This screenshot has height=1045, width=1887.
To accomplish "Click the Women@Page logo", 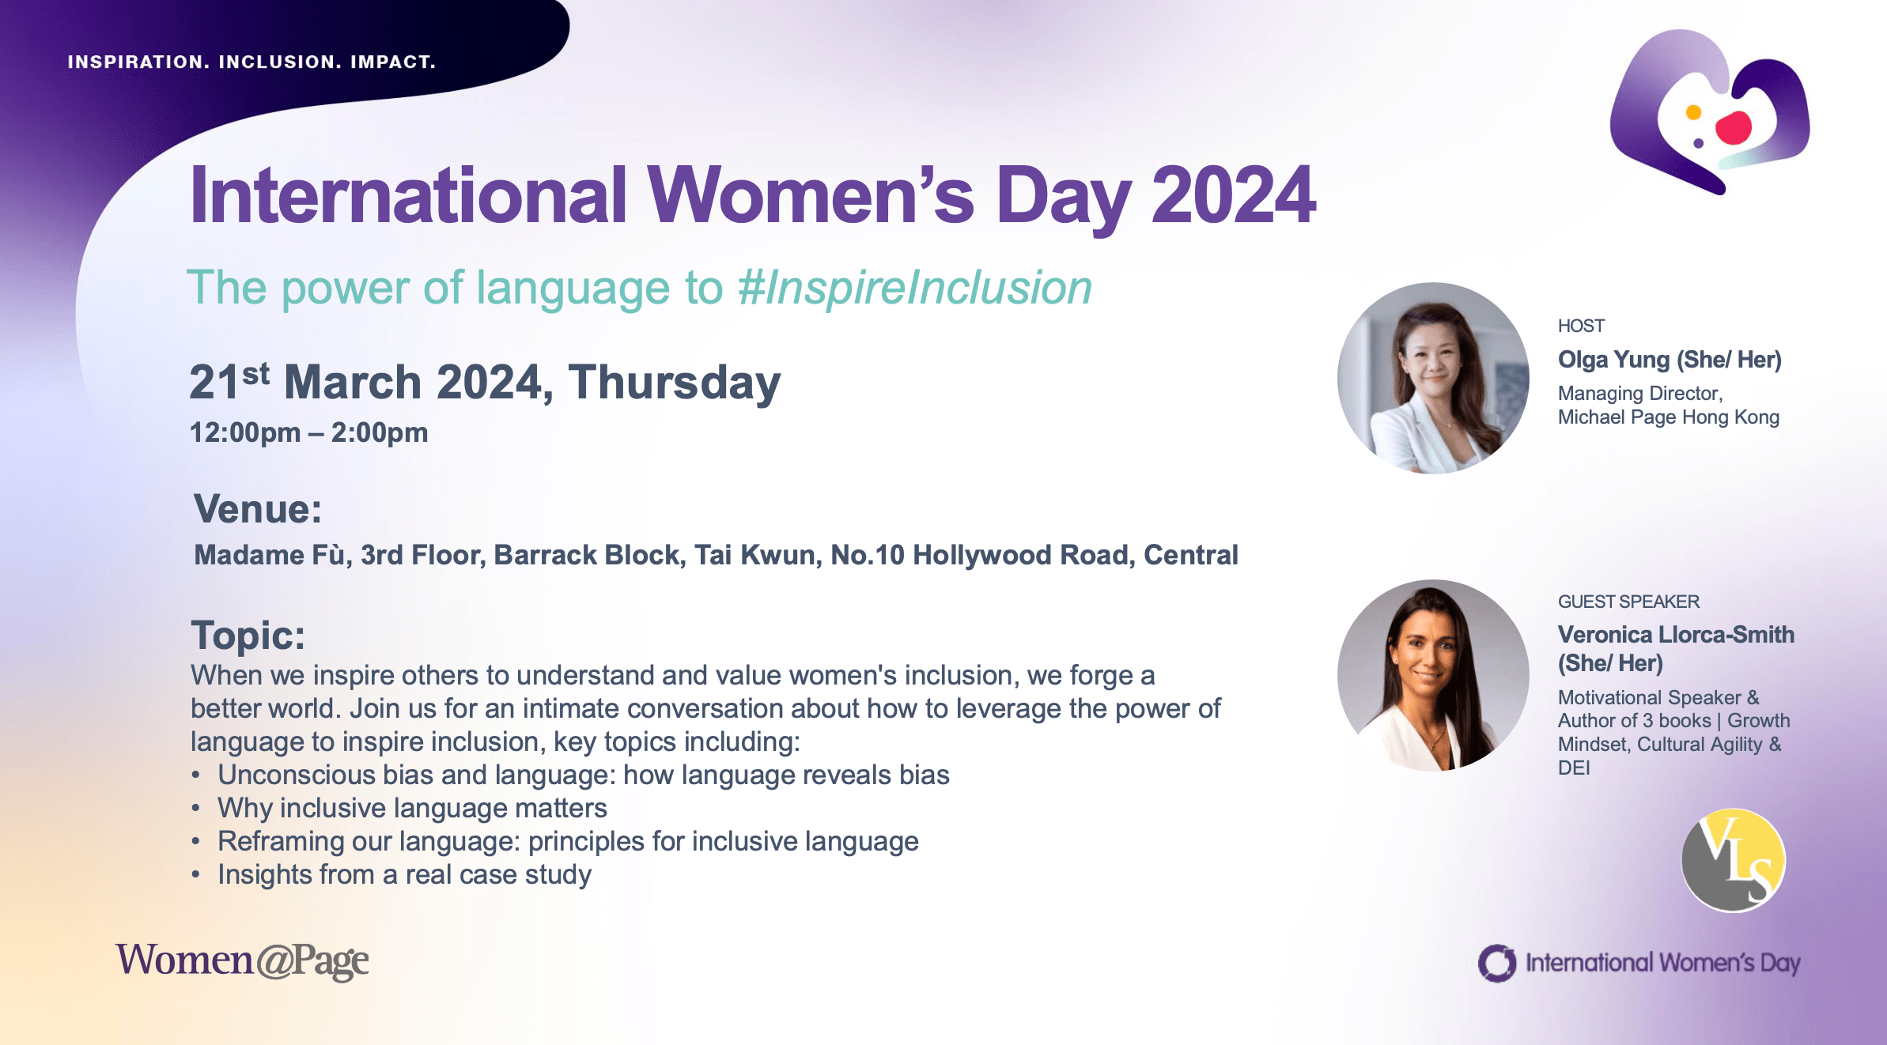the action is (x=242, y=960).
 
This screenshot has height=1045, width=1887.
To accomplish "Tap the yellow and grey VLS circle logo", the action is (x=1733, y=860).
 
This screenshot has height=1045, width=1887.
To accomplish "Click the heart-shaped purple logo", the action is (x=1708, y=111).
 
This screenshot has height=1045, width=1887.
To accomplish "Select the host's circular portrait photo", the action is (x=1433, y=378).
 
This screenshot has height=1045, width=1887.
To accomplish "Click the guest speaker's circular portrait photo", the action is (x=1433, y=675).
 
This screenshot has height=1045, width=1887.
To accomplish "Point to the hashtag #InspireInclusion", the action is (x=915, y=287).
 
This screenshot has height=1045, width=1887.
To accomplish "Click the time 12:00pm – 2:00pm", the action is (x=308, y=432).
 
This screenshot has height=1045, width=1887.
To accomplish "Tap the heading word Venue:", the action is (x=258, y=508).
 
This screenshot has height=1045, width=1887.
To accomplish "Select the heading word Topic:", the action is (x=248, y=636).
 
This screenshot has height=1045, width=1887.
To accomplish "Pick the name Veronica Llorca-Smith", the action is (x=1676, y=635).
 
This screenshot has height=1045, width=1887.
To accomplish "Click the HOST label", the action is (x=1581, y=326).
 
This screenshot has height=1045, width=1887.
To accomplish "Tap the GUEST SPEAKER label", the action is (x=1628, y=602).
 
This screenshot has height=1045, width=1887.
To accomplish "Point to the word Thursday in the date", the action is (x=675, y=383).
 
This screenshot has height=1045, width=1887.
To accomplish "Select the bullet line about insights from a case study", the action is (x=404, y=874).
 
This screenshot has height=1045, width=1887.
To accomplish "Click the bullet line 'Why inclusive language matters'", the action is (x=412, y=808).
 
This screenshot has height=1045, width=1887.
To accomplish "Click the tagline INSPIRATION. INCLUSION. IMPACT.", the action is (x=251, y=62).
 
